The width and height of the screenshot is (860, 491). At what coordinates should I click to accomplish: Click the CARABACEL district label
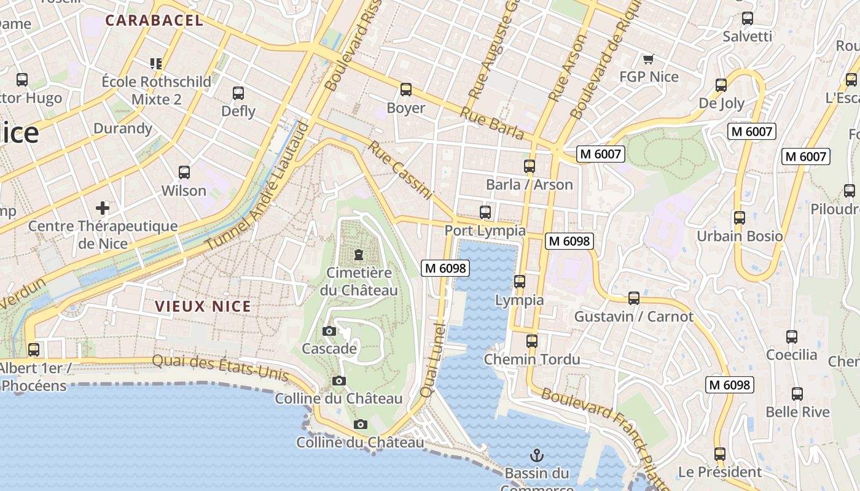[154, 20]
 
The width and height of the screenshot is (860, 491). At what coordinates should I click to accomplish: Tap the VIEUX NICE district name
[203, 306]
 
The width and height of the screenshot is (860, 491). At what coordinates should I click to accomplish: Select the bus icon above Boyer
[405, 90]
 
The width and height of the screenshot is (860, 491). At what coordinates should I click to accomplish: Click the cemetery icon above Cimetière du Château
[359, 254]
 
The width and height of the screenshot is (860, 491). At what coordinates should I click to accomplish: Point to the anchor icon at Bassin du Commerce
[537, 455]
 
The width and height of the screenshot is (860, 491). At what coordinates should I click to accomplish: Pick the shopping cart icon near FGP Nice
[648, 59]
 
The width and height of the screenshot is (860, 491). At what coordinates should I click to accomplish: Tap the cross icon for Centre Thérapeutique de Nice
[103, 208]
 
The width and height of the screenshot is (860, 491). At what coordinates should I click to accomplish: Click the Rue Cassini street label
[401, 170]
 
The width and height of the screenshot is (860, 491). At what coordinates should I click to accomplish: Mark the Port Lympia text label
[485, 230]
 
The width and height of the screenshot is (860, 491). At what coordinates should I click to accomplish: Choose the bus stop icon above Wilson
[184, 172]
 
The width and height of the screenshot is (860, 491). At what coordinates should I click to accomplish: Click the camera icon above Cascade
[329, 331]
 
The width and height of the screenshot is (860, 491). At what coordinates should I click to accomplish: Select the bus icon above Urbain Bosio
[739, 218]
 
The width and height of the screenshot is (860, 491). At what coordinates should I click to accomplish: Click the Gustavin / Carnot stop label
[633, 317]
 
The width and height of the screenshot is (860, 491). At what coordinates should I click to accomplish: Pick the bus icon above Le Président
[719, 454]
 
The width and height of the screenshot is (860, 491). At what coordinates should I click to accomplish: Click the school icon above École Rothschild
[156, 63]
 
